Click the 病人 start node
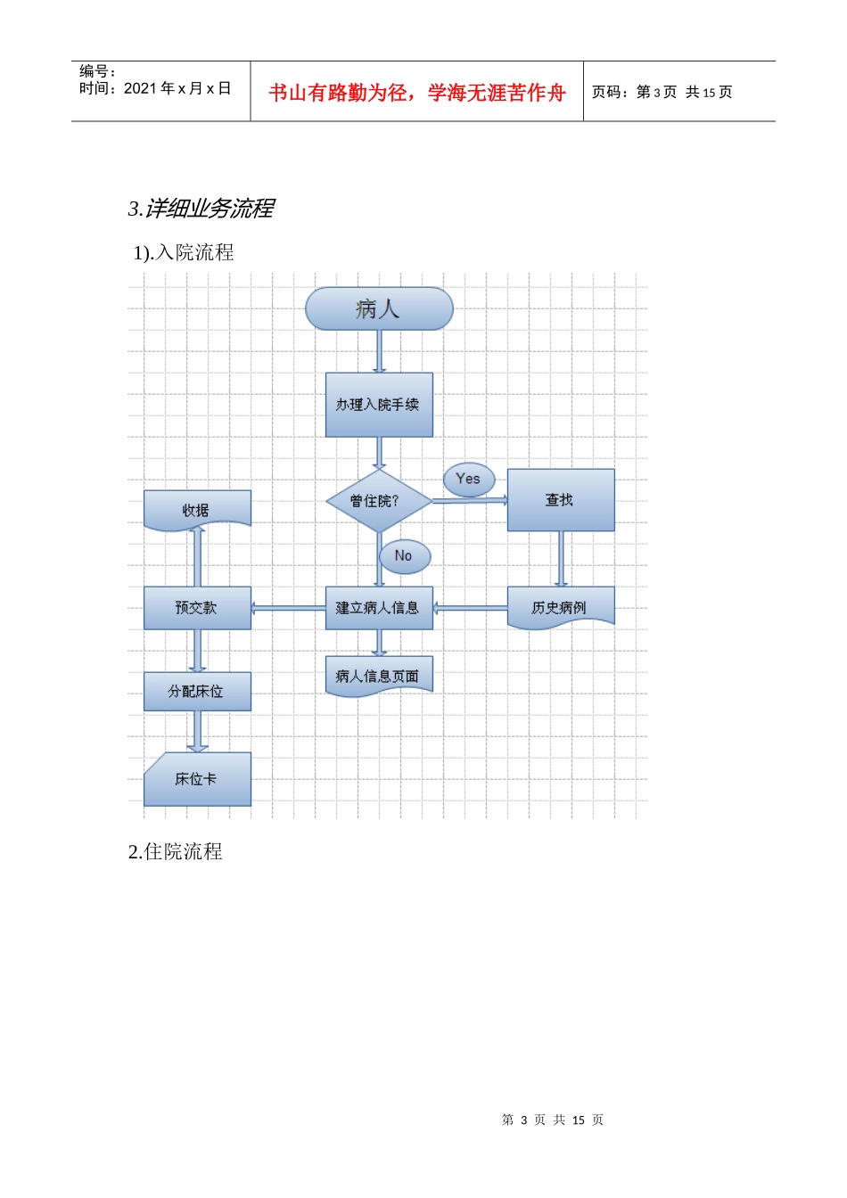pos(379,308)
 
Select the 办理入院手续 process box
pos(379,405)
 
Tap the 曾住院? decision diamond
pos(379,501)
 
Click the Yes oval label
pos(469,480)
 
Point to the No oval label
pos(405,556)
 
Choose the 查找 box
pos(561,500)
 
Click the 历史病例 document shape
pos(561,608)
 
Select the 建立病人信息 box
pos(379,608)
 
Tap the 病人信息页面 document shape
pos(379,677)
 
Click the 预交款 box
pos(197,608)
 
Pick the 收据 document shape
pos(197,511)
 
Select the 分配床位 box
pos(197,692)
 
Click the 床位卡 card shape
pos(197,779)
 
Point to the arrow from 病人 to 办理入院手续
pos(379,351)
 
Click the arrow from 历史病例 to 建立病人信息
pos(470,608)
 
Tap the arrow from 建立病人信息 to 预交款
pos(288,608)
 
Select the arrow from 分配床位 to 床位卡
pos(197,732)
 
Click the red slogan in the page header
pos(416,93)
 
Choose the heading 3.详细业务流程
pos(201,209)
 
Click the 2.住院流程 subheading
pos(175,852)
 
